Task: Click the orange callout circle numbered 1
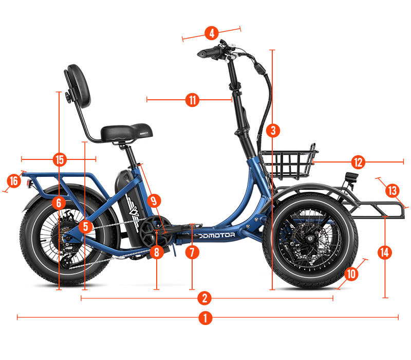tap(205, 318)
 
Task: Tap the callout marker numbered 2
tap(204, 298)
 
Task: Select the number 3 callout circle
tap(273, 131)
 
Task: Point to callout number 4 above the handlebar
tap(212, 33)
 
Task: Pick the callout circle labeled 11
tap(192, 100)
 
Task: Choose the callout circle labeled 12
tap(358, 162)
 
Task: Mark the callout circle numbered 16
tap(14, 181)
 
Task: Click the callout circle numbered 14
tap(384, 253)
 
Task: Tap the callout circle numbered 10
tap(351, 274)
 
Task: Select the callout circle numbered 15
tap(60, 159)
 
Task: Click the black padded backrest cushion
tap(78, 86)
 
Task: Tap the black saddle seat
tap(126, 133)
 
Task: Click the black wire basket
tap(288, 163)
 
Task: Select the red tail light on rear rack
tap(29, 184)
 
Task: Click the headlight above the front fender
tap(352, 176)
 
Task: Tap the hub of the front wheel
tap(310, 239)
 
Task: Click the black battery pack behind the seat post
tap(130, 209)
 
